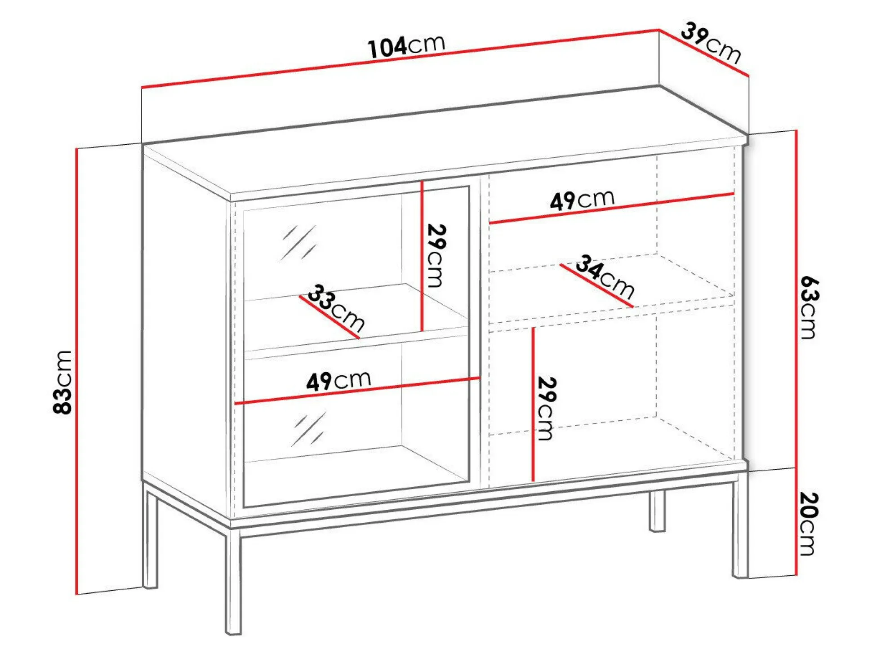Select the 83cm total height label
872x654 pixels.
(x=62, y=382)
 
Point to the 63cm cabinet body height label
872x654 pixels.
(x=810, y=307)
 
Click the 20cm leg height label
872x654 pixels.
(x=809, y=524)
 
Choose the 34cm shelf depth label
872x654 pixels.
(x=605, y=276)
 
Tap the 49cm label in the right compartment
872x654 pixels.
(x=582, y=200)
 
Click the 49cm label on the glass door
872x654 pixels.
(x=338, y=381)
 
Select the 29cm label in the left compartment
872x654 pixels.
(x=436, y=255)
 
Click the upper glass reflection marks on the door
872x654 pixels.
(x=298, y=243)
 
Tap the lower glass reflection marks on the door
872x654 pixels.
(x=309, y=429)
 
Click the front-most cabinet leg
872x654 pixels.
(x=233, y=581)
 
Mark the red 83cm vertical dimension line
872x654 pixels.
(x=77, y=371)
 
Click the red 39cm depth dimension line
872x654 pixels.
(x=704, y=53)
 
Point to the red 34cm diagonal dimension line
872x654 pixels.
(x=596, y=286)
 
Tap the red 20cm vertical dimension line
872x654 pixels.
(x=796, y=522)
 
